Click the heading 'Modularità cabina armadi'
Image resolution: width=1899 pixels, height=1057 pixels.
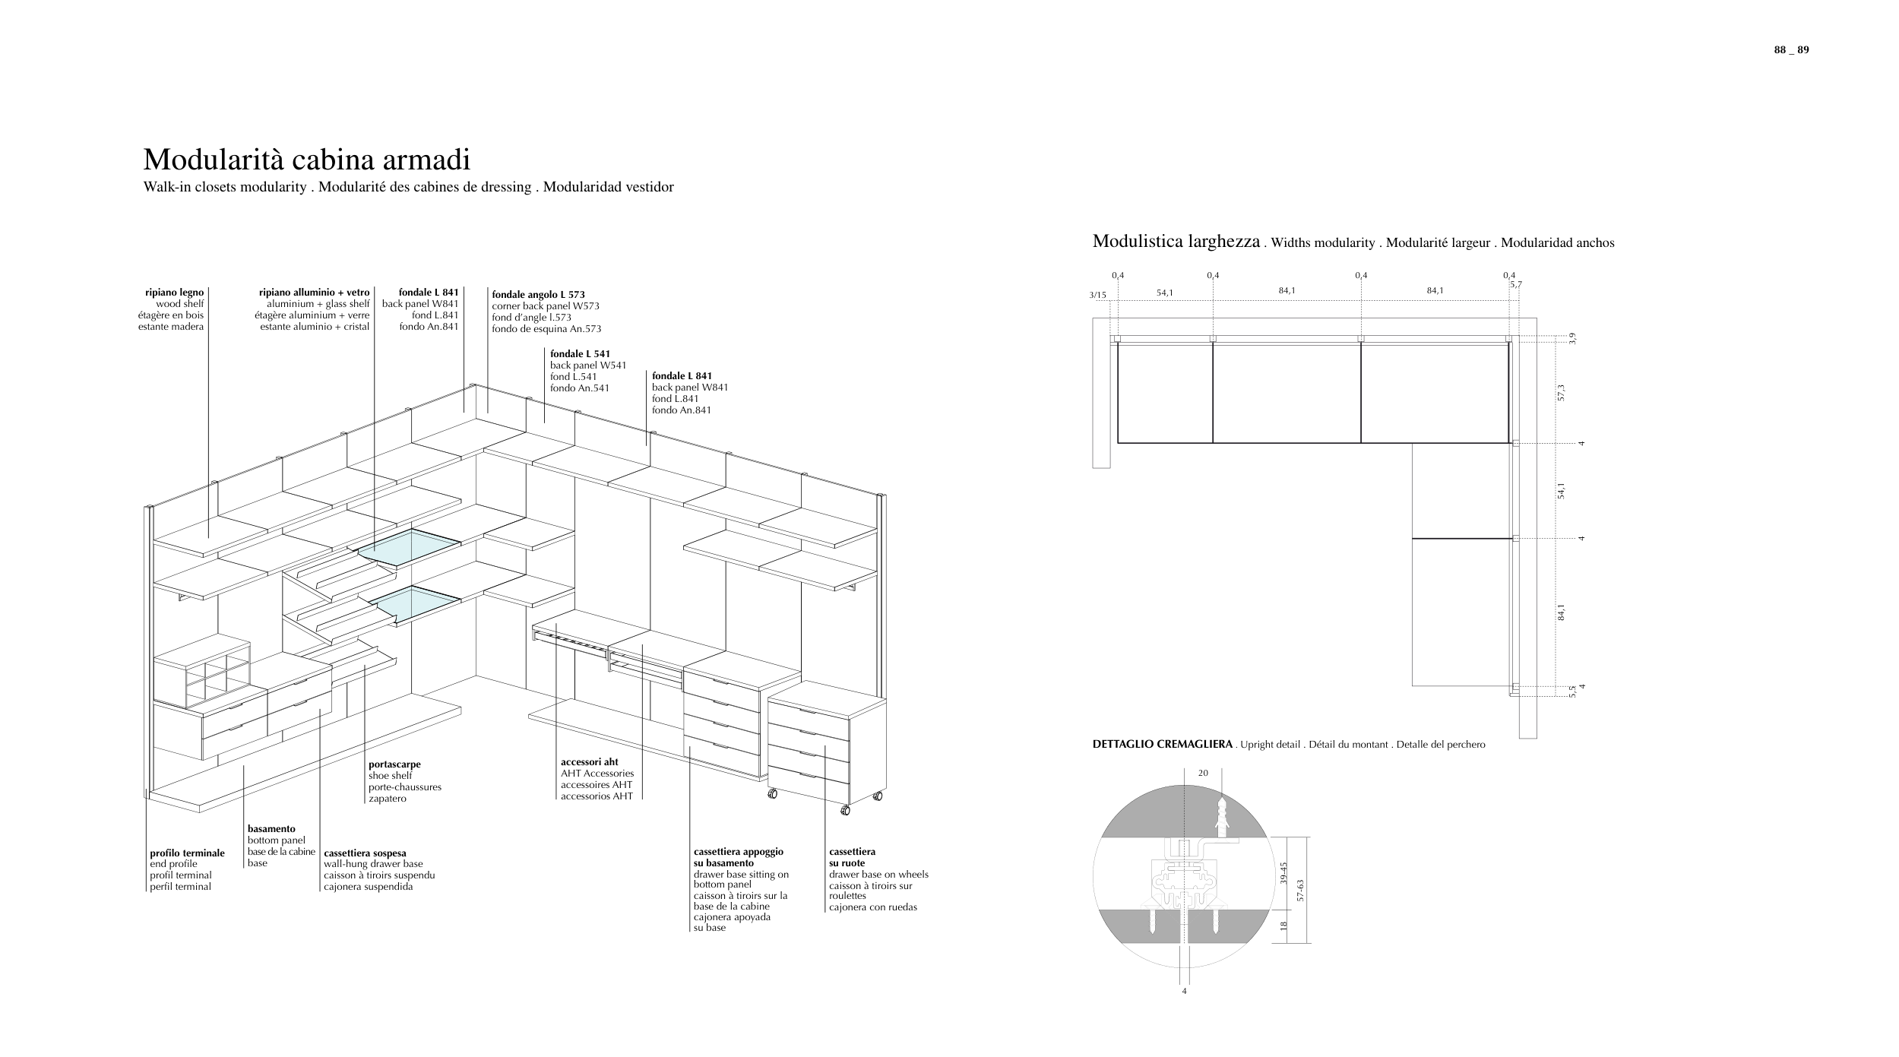point(306,160)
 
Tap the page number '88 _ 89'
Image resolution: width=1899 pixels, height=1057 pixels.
point(1791,50)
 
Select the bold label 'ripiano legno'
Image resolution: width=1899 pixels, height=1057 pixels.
point(174,293)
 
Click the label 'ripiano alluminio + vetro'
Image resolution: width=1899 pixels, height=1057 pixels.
point(314,293)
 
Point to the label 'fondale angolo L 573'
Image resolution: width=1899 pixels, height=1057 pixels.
point(538,295)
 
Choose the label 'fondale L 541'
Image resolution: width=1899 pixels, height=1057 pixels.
point(580,354)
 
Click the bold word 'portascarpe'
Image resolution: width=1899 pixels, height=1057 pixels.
point(394,764)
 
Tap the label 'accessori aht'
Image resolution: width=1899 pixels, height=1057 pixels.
point(589,762)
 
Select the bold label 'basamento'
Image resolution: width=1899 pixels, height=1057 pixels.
point(271,829)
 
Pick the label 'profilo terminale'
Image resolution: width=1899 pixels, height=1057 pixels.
point(187,853)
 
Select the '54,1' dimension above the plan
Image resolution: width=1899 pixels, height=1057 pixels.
point(1164,293)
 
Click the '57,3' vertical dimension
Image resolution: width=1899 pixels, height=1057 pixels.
point(1561,392)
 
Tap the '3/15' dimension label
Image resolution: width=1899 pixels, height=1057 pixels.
point(1097,295)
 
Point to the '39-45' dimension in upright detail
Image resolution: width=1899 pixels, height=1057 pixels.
point(1283,872)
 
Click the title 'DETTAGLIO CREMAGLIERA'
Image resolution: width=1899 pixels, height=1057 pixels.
point(1162,745)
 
